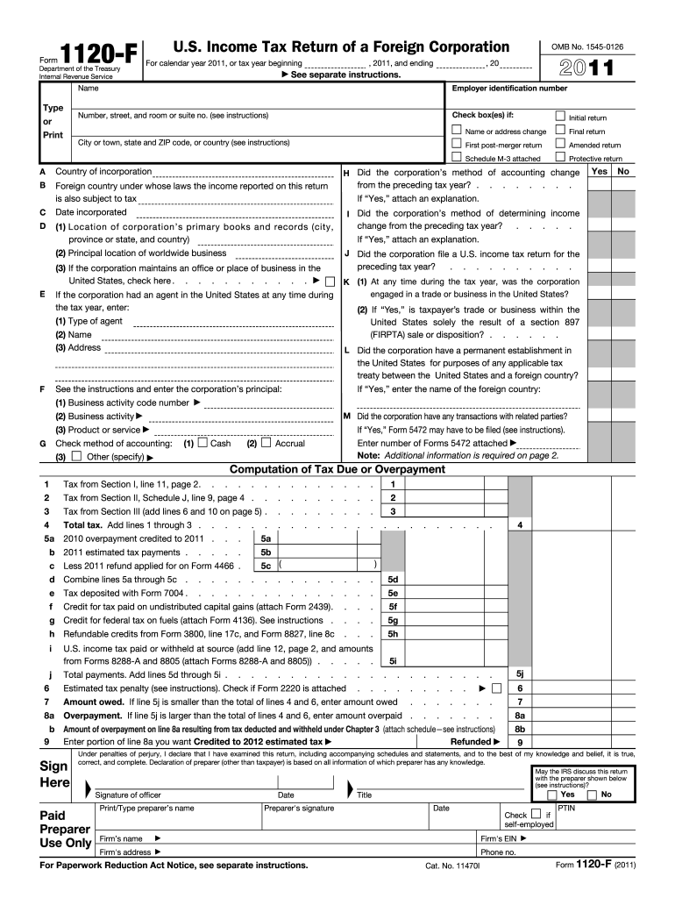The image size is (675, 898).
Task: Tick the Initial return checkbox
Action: pyautogui.click(x=561, y=117)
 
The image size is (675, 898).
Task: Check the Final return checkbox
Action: pyautogui.click(x=561, y=131)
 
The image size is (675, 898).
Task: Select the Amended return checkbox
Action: pyautogui.click(x=561, y=144)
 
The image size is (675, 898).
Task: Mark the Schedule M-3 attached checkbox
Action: pyautogui.click(x=456, y=158)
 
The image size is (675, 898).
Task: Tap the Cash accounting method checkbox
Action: pyautogui.click(x=202, y=443)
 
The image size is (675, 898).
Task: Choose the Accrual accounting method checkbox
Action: pyautogui.click(x=266, y=443)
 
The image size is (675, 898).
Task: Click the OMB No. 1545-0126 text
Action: pyautogui.click(x=586, y=45)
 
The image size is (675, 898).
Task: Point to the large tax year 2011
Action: pyautogui.click(x=586, y=68)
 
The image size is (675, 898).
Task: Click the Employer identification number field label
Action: pyautogui.click(x=509, y=89)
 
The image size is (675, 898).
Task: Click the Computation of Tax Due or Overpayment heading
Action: pyautogui.click(x=337, y=469)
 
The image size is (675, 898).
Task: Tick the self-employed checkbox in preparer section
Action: pyautogui.click(x=536, y=813)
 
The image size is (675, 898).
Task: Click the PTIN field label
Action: pyautogui.click(x=566, y=807)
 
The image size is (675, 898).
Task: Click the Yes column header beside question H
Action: pyautogui.click(x=600, y=171)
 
